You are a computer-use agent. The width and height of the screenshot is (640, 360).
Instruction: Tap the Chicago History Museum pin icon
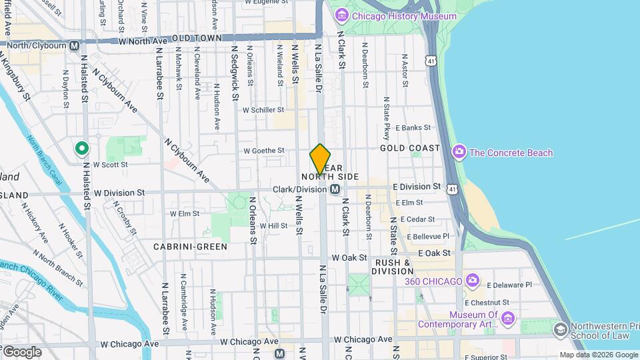tap(342, 15)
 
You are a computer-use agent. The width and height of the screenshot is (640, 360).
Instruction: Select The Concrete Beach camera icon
tap(459, 153)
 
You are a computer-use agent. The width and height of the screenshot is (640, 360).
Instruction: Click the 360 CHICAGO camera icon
tap(472, 281)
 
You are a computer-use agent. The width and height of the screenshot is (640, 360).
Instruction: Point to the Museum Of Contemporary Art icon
tap(508, 319)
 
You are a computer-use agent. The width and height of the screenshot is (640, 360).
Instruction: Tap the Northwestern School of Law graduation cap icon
tap(560, 329)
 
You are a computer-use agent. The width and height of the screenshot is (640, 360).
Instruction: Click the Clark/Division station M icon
tap(334, 190)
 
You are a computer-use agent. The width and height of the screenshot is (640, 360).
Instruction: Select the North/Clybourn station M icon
tap(74, 45)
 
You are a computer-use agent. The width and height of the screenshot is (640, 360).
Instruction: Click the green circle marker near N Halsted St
tap(82, 148)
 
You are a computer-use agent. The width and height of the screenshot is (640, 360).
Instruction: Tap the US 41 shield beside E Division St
tap(453, 190)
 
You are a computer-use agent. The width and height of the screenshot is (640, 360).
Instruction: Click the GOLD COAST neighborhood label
tap(410, 148)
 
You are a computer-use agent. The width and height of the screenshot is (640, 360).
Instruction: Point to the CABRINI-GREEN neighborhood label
tap(190, 247)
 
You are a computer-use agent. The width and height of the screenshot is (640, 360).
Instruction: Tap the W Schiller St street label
tap(263, 110)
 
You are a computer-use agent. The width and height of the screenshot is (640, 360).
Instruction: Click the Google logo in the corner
tap(21, 351)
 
